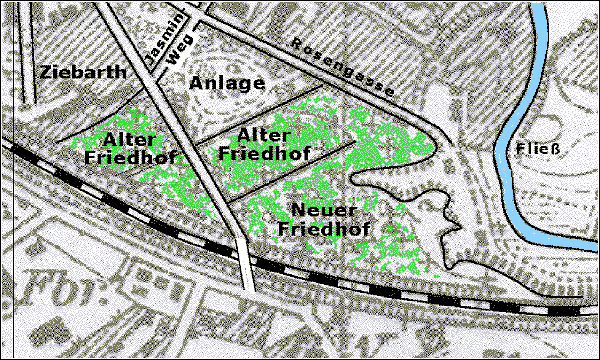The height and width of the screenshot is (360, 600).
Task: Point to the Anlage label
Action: [x=227, y=84]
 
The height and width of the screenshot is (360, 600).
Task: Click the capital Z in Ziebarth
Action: [x=44, y=72]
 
